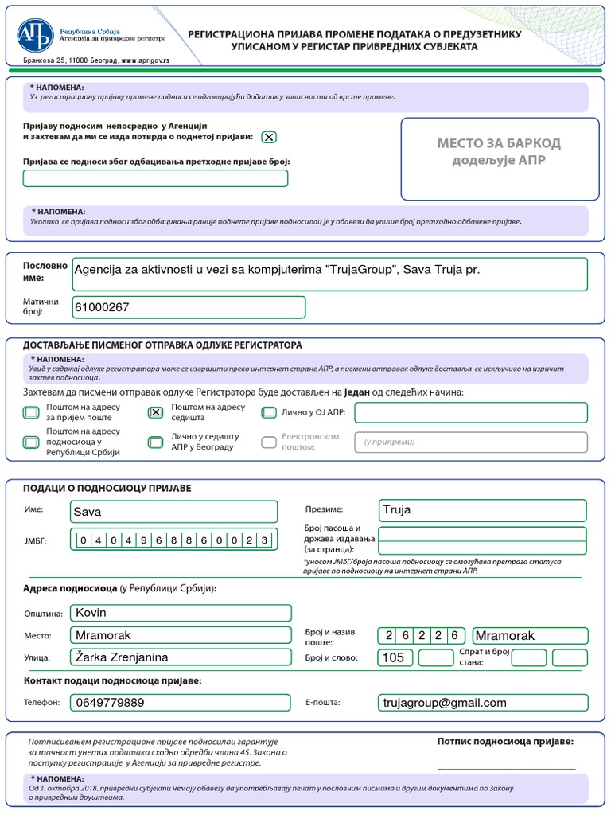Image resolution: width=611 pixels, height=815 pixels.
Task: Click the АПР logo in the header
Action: click(36, 36)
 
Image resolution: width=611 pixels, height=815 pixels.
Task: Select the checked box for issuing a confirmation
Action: click(269, 137)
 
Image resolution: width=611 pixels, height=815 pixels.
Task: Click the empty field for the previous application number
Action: click(156, 178)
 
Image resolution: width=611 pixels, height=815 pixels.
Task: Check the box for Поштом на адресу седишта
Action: click(156, 411)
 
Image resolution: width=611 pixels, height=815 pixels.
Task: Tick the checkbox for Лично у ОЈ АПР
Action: click(269, 412)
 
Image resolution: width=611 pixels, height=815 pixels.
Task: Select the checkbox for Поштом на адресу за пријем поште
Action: click(31, 412)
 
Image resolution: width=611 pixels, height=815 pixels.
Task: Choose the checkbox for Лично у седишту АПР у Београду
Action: click(156, 442)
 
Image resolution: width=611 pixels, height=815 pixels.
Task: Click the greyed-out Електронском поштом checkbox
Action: click(269, 442)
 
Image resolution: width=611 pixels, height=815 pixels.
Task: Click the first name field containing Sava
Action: click(173, 511)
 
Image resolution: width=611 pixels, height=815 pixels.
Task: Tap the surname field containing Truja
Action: click(482, 510)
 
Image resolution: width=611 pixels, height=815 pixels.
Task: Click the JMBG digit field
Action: click(173, 540)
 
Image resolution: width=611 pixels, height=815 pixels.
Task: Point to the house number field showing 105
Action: click(395, 657)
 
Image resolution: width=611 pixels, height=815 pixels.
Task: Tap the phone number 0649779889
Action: click(173, 702)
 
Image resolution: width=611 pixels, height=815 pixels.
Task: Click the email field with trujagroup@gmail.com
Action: click(482, 702)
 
